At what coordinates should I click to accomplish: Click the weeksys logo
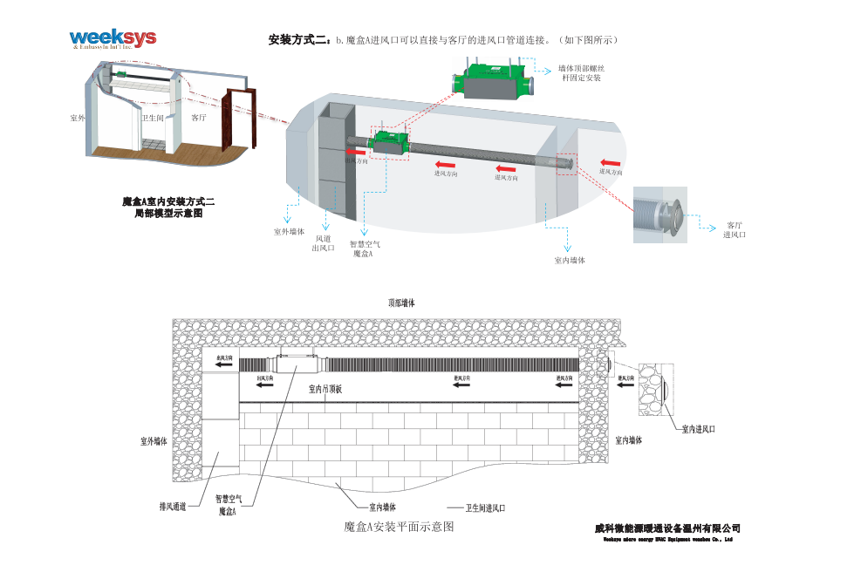pos(113,38)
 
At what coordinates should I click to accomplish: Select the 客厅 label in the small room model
pos(198,117)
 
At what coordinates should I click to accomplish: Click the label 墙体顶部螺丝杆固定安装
pos(581,72)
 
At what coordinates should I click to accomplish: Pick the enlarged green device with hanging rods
pos(494,78)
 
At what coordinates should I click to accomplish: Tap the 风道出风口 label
pos(324,242)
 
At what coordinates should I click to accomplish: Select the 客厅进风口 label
pos(734,229)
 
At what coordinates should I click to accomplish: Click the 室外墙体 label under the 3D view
pos(289,232)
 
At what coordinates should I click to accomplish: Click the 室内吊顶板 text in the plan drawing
pos(331,389)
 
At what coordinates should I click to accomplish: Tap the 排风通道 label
pos(173,506)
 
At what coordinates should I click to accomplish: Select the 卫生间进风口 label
pos(485,507)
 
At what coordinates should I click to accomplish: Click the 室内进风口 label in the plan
pos(698,429)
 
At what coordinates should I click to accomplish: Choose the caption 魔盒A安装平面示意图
pos(399,527)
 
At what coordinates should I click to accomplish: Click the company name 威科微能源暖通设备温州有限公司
pos(667,528)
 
